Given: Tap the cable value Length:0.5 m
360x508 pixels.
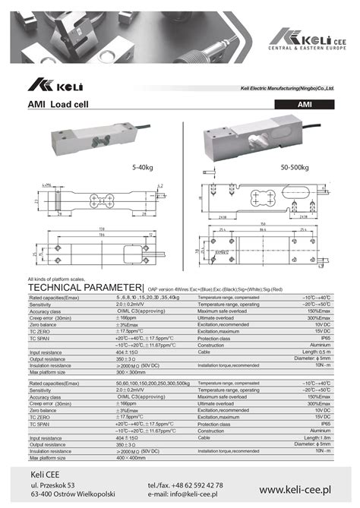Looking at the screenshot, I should pyautogui.click(x=315, y=352).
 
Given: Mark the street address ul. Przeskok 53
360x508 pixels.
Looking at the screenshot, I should pyautogui.click(x=52, y=484).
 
